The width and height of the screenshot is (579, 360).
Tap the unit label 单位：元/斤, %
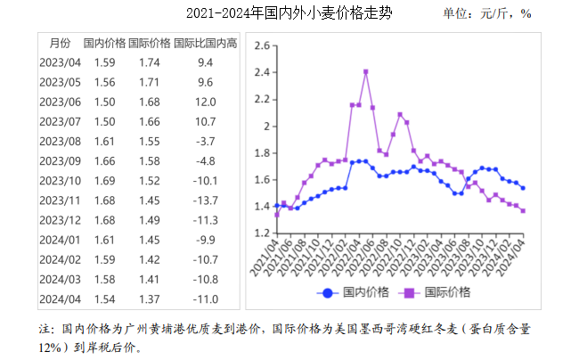point(487,14)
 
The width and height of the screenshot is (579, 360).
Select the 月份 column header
point(59,43)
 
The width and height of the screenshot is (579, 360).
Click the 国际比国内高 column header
point(205,43)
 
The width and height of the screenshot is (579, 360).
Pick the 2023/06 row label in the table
point(60,102)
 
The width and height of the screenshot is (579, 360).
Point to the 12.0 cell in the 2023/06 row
point(205,102)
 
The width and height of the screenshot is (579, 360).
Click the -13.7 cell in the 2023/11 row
point(205,200)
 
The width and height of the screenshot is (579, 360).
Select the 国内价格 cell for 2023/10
point(104,180)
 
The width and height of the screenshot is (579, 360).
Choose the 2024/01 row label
point(60,239)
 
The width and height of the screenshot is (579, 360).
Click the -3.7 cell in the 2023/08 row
point(205,141)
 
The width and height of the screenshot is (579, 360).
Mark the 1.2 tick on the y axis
point(261,233)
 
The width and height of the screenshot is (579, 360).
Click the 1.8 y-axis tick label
point(261,153)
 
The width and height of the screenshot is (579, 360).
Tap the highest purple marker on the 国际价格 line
point(366,71)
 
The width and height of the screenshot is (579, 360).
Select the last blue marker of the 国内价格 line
point(522,188)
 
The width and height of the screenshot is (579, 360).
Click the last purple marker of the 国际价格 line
point(522,211)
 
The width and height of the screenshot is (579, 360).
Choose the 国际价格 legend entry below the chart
point(437,291)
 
